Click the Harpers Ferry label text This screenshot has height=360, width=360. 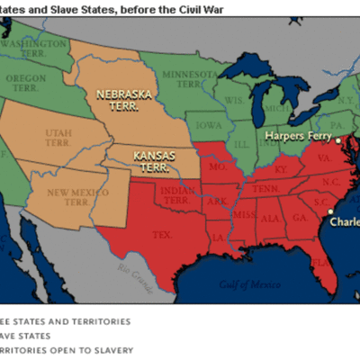point(296,137)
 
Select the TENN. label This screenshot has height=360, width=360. point(267,190)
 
